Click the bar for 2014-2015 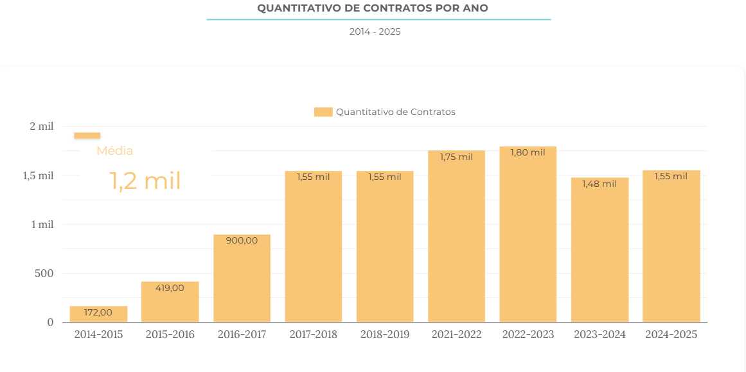pos(98,314)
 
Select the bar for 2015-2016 pos(170,302)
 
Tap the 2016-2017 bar pos(242,278)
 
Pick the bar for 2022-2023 pos(528,235)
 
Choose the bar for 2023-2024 pos(599,250)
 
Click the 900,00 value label pos(242,240)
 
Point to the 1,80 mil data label pos(528,152)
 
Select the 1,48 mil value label pos(599,184)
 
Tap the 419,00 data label pos(170,288)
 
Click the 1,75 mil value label pos(456,156)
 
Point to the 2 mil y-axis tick pos(41,126)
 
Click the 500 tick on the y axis pos(44,273)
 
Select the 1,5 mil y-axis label pos(38,175)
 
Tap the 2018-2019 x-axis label pos(384,335)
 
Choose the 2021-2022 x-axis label pos(456,335)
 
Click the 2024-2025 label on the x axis pos(671,335)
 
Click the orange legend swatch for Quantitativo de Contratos pos(323,112)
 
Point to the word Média pos(114,151)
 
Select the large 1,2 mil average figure pos(145,181)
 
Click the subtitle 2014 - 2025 pos(375,31)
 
